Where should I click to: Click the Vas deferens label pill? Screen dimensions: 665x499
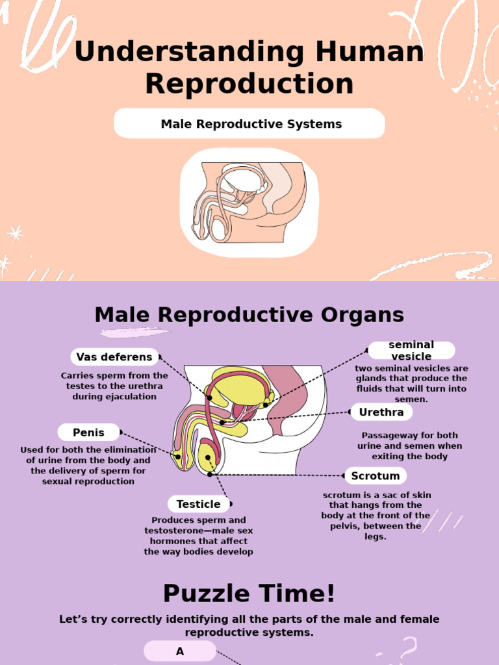point(114,357)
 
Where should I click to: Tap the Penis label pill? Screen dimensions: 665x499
point(88,433)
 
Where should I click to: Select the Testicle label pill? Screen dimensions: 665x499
point(198,504)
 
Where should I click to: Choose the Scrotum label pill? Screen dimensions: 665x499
point(376,476)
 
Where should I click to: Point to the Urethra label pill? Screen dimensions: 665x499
point(381,412)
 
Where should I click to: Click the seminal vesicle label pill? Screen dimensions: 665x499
point(411,351)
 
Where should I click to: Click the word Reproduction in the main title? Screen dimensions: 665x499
point(249,84)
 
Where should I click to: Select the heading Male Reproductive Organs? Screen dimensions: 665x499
point(249,315)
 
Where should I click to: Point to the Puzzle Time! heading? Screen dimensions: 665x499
point(249,593)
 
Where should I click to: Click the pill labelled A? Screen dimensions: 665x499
point(180,651)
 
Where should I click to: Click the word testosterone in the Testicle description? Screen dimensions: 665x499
point(173,531)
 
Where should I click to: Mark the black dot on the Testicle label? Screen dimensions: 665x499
point(230,504)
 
